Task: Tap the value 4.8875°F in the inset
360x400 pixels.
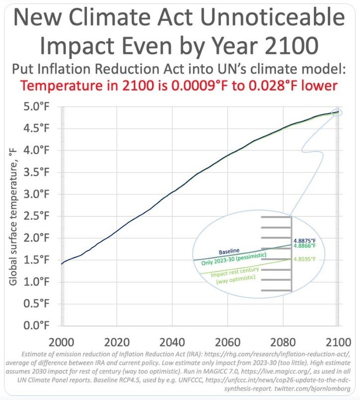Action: [x=305, y=240]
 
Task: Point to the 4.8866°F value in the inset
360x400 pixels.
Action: [x=305, y=246]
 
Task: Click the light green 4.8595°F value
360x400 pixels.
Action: [x=305, y=260]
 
